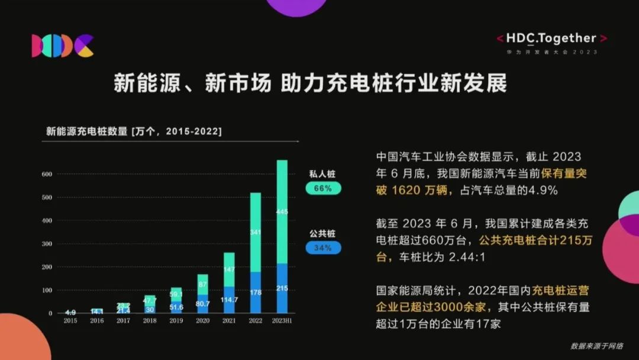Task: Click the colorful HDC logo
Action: tap(63, 46)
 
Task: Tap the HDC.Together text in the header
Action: tap(551, 38)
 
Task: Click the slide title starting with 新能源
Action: tap(310, 83)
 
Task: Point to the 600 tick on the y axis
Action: tap(47, 174)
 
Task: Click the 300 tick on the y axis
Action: tap(47, 244)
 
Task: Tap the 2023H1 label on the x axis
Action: tap(282, 320)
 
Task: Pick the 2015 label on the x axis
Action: tap(70, 320)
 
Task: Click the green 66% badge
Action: tap(323, 188)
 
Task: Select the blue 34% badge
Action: tap(323, 247)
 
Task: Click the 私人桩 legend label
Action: tap(322, 174)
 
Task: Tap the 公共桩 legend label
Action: tap(322, 233)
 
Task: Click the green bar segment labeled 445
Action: tap(282, 211)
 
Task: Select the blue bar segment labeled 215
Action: tap(282, 288)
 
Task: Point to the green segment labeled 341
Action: tap(256, 232)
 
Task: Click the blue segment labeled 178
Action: tap(256, 292)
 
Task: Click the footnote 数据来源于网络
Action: tap(596, 346)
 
